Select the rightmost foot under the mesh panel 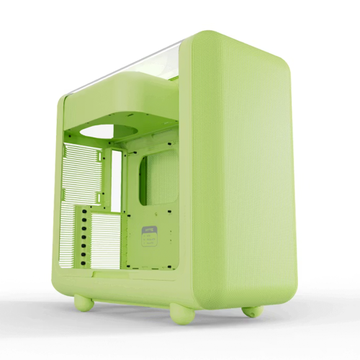[x=251, y=311]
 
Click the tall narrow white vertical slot [x=116, y=181]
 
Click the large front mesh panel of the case [x=238, y=173]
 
